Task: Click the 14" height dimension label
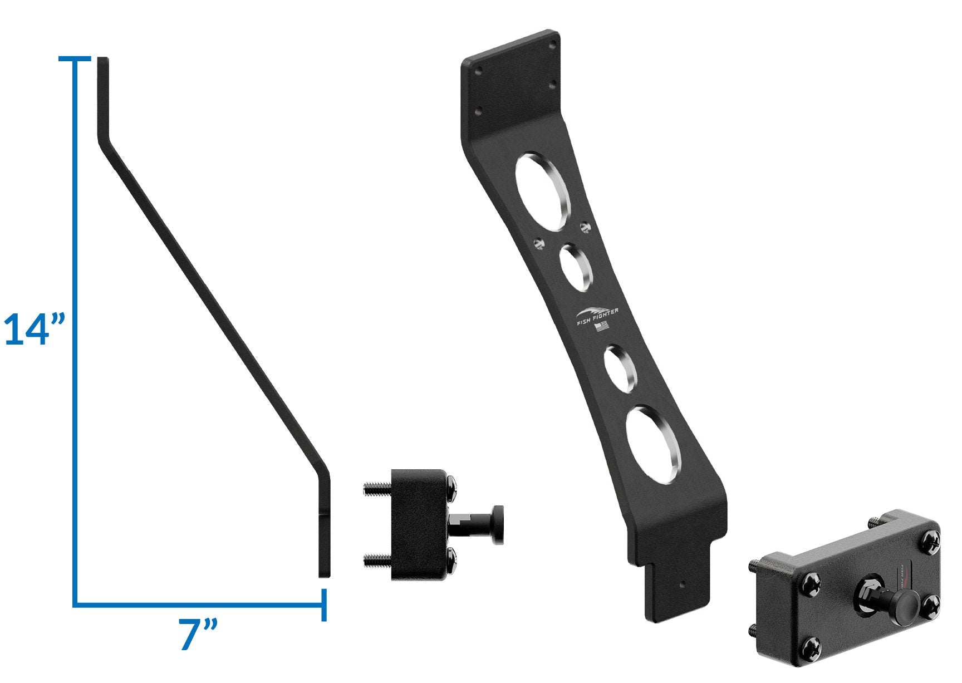coord(35,330)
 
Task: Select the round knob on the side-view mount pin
coord(498,525)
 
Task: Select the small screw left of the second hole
coord(538,243)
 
